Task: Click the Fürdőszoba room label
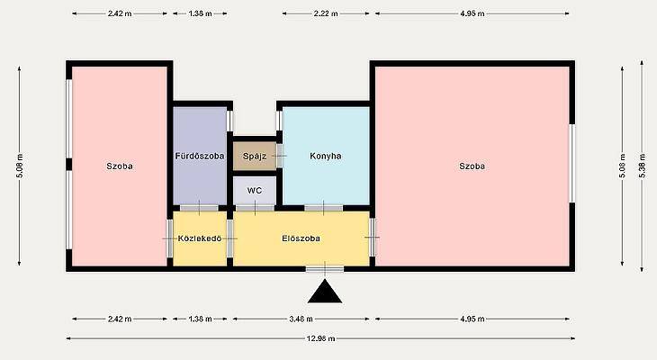200,156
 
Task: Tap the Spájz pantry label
255,157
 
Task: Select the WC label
255,191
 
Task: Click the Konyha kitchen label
326,156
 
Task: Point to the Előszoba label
301,238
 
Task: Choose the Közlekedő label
200,238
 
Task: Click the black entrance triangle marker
325,292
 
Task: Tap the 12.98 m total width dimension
320,338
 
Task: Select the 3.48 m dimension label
301,319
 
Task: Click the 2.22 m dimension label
326,13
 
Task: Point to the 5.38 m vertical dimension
642,166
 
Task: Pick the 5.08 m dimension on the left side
20,166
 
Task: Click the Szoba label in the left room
120,166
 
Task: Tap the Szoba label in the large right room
472,166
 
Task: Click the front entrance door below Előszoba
325,269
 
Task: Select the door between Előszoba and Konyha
323,208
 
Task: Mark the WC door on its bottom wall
255,208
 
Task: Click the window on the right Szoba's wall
571,164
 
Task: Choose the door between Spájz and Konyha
280,156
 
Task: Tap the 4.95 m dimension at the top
472,13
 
